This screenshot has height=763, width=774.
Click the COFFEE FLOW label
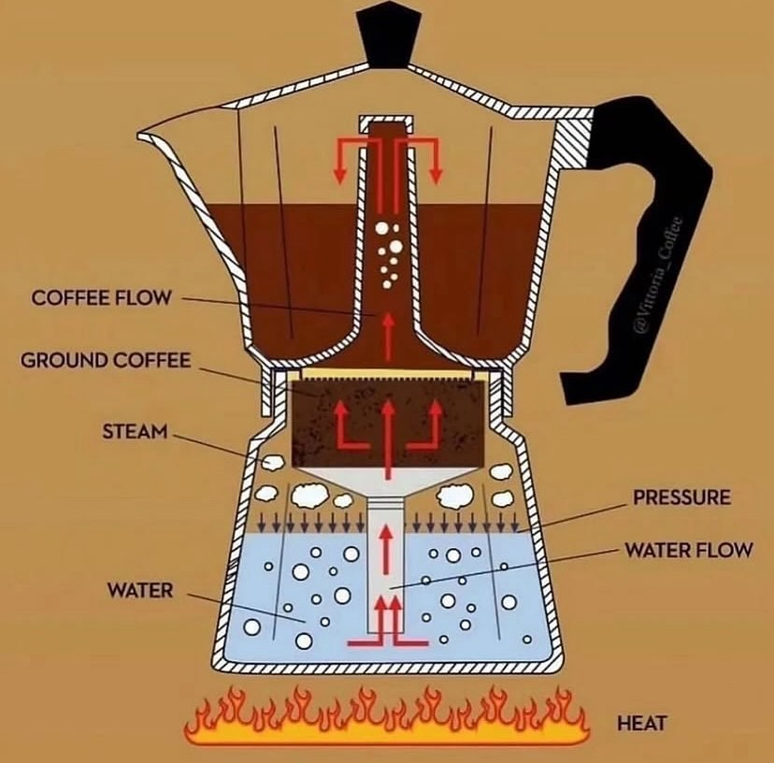(101, 297)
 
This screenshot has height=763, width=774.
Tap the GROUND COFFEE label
(106, 360)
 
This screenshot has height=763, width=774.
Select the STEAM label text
(135, 432)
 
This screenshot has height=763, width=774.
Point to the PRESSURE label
(681, 497)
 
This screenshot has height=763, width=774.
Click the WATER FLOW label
(689, 550)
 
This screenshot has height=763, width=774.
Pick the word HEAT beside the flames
(641, 724)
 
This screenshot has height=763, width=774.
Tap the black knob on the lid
(390, 36)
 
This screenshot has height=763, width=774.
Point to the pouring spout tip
(140, 134)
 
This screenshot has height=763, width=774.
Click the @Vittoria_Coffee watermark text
(659, 274)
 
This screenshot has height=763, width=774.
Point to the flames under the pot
(388, 717)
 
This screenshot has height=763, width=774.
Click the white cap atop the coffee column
(386, 122)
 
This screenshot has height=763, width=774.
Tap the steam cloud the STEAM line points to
(272, 462)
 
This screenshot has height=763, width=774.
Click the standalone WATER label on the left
(140, 590)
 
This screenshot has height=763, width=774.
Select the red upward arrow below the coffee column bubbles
(390, 336)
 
